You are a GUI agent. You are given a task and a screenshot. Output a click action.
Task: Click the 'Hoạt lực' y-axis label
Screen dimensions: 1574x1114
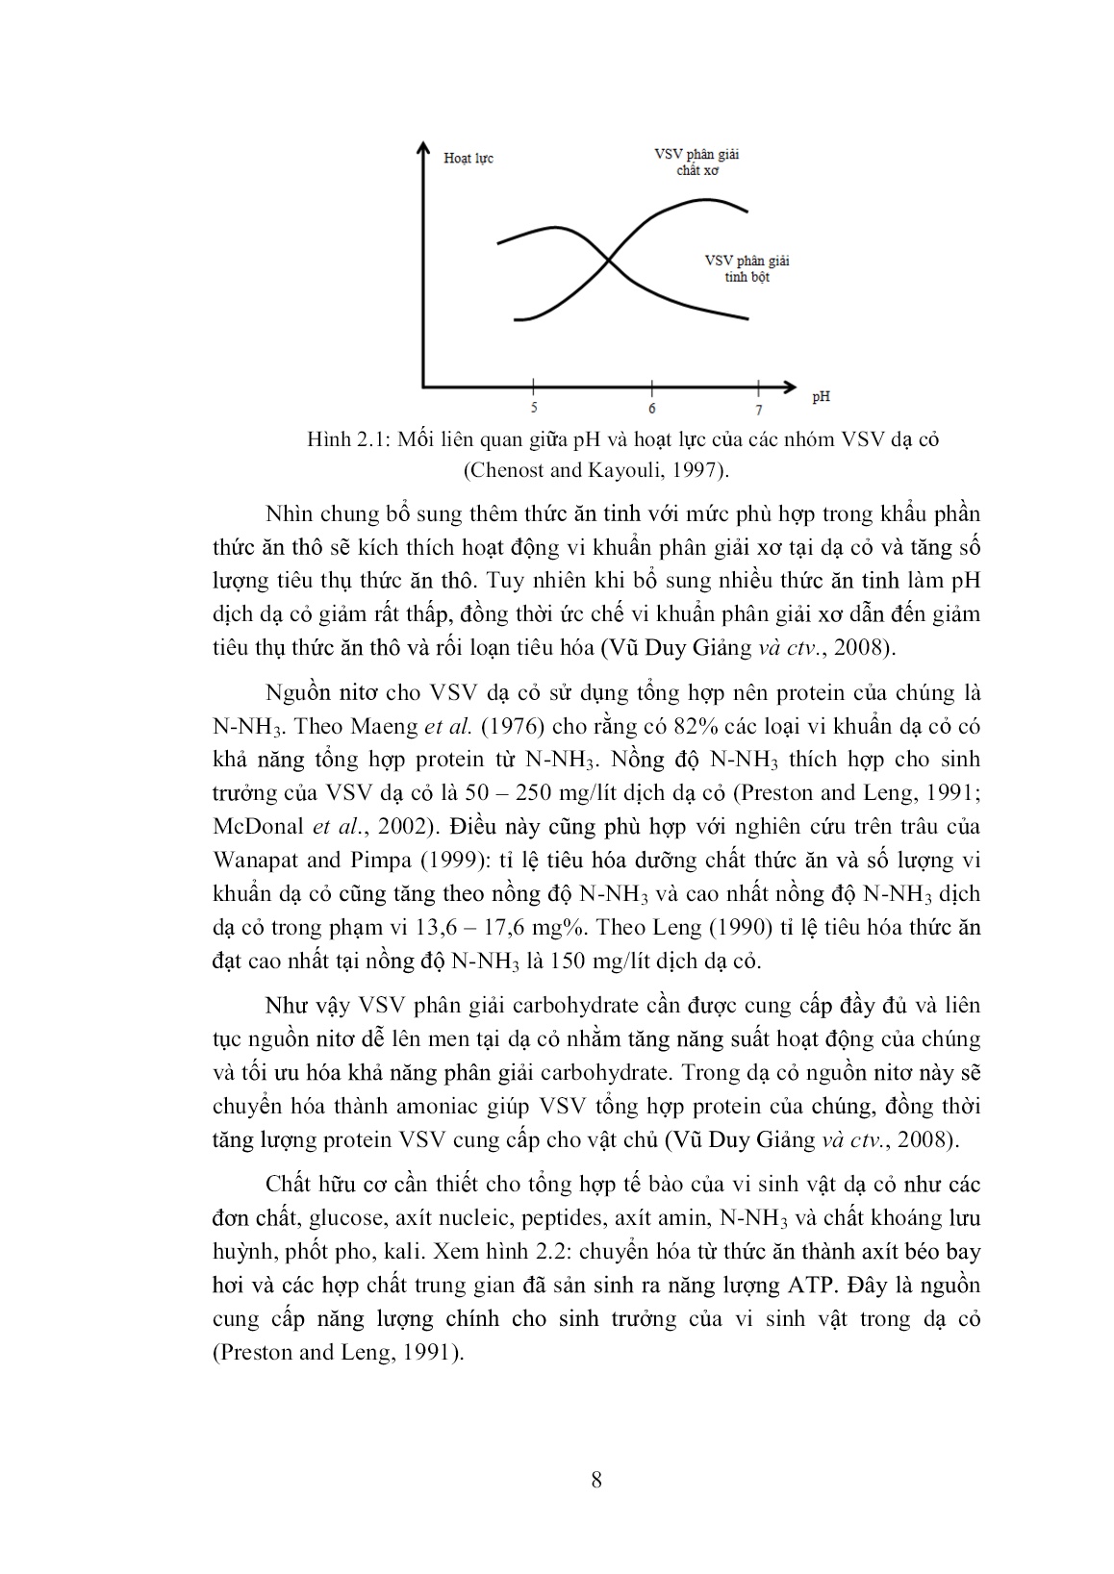pos(468,159)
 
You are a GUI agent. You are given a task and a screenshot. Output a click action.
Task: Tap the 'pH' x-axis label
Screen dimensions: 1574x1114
pos(821,395)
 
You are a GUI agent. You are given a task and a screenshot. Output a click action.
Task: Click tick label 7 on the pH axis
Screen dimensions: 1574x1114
pos(758,410)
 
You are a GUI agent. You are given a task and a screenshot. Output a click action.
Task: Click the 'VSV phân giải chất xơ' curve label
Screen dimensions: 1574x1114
pos(697,162)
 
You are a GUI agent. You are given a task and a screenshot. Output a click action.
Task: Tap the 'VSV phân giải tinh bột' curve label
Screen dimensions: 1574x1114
pos(747,268)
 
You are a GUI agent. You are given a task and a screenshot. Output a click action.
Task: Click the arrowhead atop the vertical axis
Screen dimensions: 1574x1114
pos(422,147)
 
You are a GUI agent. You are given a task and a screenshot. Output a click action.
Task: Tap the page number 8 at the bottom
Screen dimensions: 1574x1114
pos(596,1480)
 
